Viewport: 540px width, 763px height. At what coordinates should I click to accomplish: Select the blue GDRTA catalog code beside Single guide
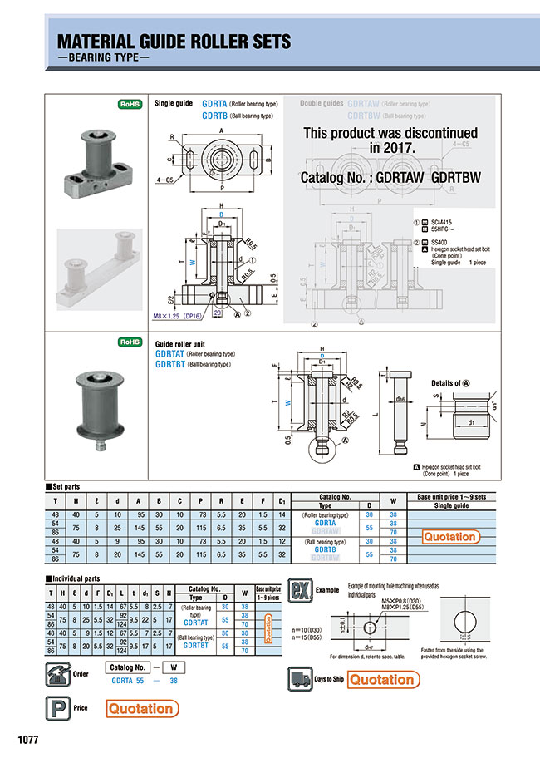(214, 105)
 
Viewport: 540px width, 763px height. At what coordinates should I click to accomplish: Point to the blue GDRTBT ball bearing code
(169, 363)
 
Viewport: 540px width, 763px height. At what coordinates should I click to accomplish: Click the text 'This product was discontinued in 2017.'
(390, 140)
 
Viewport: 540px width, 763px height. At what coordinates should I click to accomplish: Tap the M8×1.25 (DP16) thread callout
(179, 317)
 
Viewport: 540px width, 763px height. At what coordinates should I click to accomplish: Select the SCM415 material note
(447, 223)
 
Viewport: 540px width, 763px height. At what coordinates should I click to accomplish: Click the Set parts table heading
(66, 487)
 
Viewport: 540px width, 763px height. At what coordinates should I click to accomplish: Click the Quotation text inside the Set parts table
(449, 537)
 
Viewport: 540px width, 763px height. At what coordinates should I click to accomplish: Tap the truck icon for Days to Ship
(301, 679)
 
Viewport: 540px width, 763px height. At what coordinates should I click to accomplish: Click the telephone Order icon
(56, 672)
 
